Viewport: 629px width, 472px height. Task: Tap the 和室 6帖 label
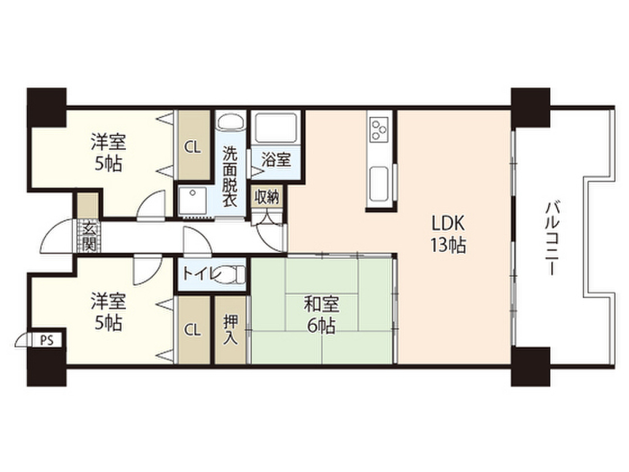tap(321, 314)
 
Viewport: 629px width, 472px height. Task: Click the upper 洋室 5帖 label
tap(109, 153)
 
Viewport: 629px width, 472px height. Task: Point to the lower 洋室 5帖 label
tap(109, 312)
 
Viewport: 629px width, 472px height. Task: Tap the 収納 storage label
tap(267, 197)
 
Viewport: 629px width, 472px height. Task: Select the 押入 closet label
tap(230, 330)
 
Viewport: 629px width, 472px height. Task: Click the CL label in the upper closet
tap(193, 147)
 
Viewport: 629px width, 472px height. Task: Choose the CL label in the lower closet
tap(193, 330)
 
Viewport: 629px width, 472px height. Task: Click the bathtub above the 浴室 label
tap(276, 128)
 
